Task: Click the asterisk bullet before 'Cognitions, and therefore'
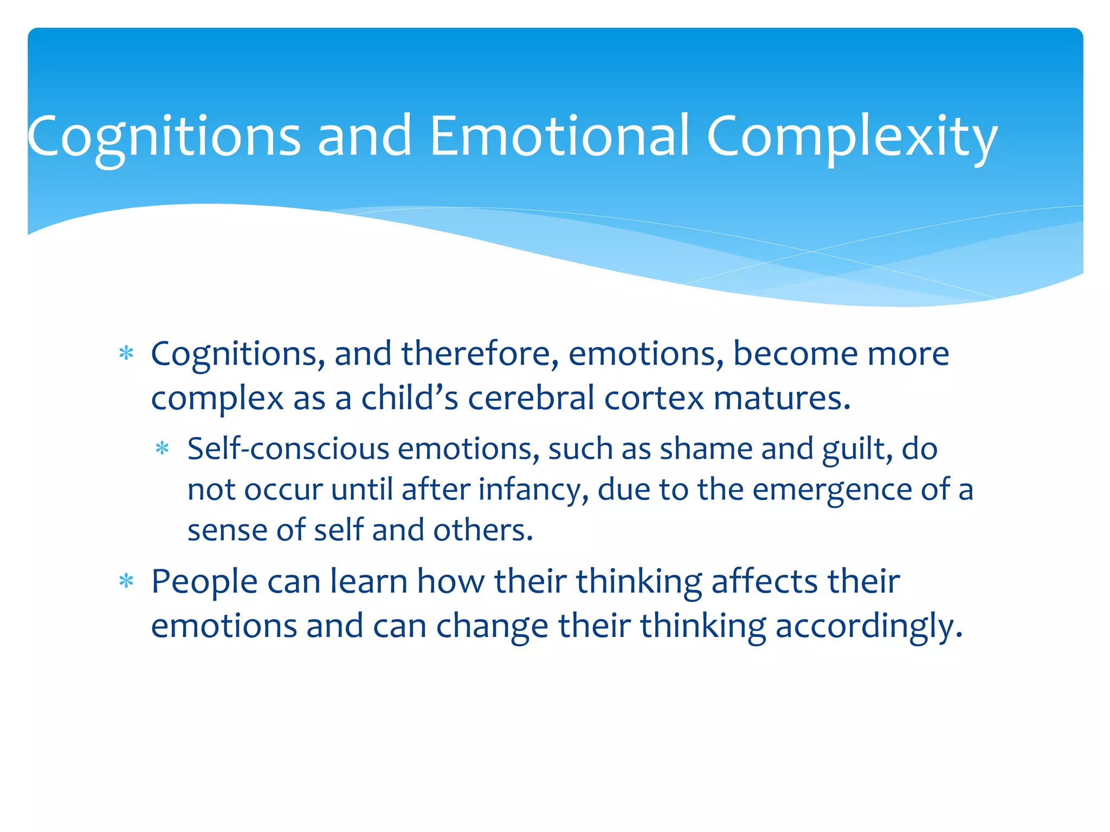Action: pyautogui.click(x=126, y=354)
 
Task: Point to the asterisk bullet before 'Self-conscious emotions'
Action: pyautogui.click(x=162, y=449)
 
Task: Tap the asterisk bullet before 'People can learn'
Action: pyautogui.click(x=126, y=582)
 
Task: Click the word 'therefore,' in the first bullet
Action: pyautogui.click(x=480, y=354)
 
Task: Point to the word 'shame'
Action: pyautogui.click(x=706, y=449)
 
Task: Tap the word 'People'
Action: pyautogui.click(x=204, y=582)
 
